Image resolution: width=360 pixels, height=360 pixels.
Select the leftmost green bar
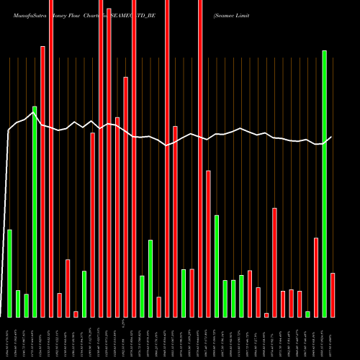pos(9,273)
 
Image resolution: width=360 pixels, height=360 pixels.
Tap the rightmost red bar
pos(333,294)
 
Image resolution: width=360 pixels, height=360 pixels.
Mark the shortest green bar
pos(307,314)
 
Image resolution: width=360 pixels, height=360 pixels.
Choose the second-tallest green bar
pos(35,212)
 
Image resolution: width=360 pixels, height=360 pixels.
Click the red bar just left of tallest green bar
pos(316,277)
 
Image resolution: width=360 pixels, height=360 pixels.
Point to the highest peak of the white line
pos(35,112)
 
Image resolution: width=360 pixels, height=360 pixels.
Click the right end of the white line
pos(332,137)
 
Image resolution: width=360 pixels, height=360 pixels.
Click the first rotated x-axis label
pos(9,338)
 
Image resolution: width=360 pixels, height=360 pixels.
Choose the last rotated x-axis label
pos(333,338)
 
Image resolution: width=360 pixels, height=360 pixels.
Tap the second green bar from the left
pos(18,303)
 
